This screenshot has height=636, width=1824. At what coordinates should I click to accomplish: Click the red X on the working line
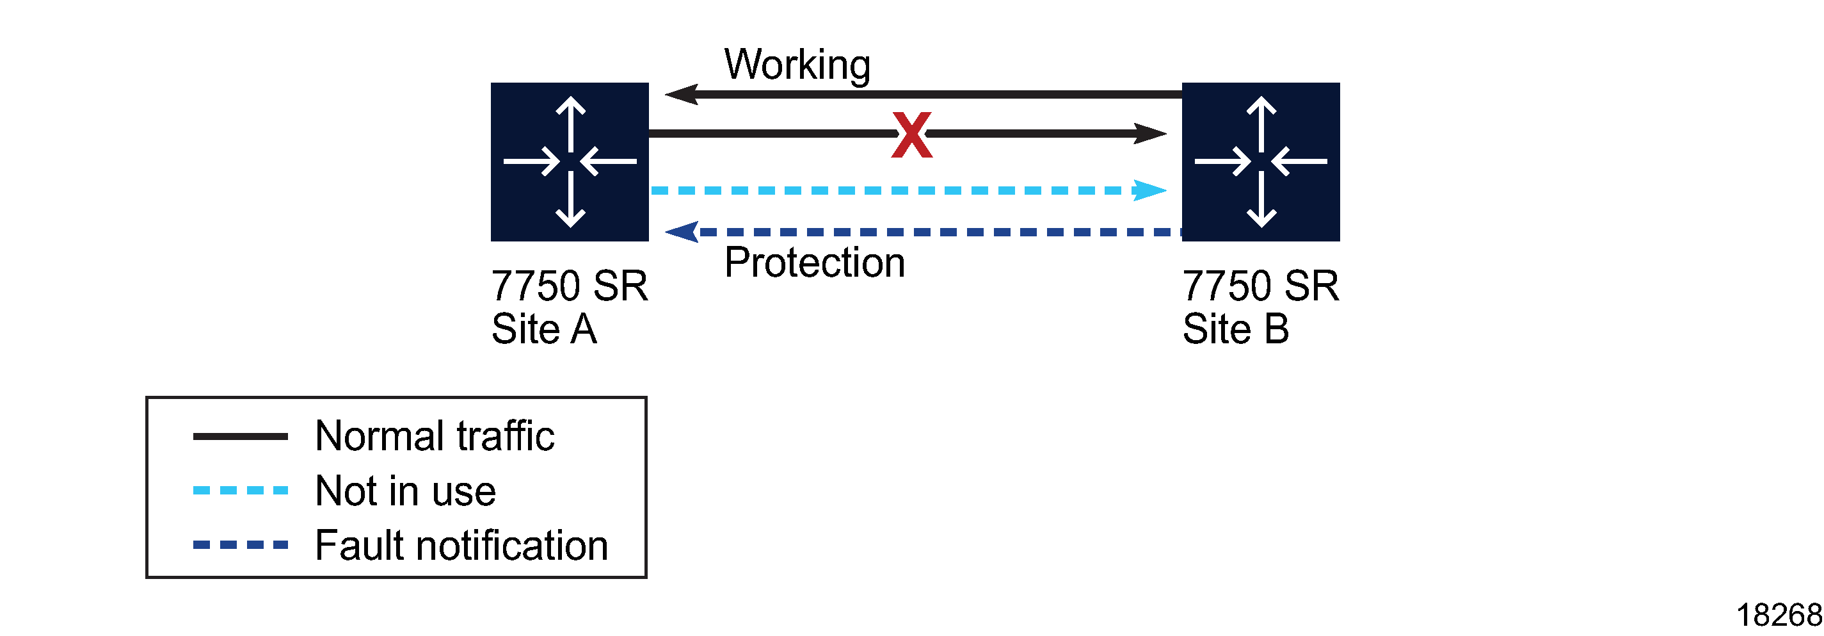pyautogui.click(x=911, y=135)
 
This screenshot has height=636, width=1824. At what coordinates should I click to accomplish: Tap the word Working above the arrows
pyautogui.click(x=797, y=65)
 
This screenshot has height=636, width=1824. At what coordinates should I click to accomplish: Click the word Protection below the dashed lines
pyautogui.click(x=814, y=263)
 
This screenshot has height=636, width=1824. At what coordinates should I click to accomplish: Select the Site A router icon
pyautogui.click(x=570, y=161)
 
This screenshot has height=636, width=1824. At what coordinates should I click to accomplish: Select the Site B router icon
pyautogui.click(x=1260, y=161)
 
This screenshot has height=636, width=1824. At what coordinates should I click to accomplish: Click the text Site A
pyautogui.click(x=544, y=329)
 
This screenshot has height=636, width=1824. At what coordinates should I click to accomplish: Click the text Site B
pyautogui.click(x=1236, y=329)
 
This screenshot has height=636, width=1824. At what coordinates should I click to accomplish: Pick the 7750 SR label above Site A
pyautogui.click(x=570, y=286)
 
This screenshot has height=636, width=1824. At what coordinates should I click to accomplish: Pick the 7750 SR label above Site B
pyautogui.click(x=1260, y=286)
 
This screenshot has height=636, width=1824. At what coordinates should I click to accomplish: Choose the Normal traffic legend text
pyautogui.click(x=434, y=436)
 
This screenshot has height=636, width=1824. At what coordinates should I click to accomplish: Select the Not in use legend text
pyautogui.click(x=405, y=491)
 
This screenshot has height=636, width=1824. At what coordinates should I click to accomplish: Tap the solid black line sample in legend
pyautogui.click(x=240, y=436)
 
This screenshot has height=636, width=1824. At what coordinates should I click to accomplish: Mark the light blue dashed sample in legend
pyautogui.click(x=240, y=490)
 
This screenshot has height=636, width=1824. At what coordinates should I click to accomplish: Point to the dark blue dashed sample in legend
pyautogui.click(x=240, y=544)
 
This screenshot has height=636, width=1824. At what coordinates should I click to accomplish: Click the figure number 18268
pyautogui.click(x=1778, y=615)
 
